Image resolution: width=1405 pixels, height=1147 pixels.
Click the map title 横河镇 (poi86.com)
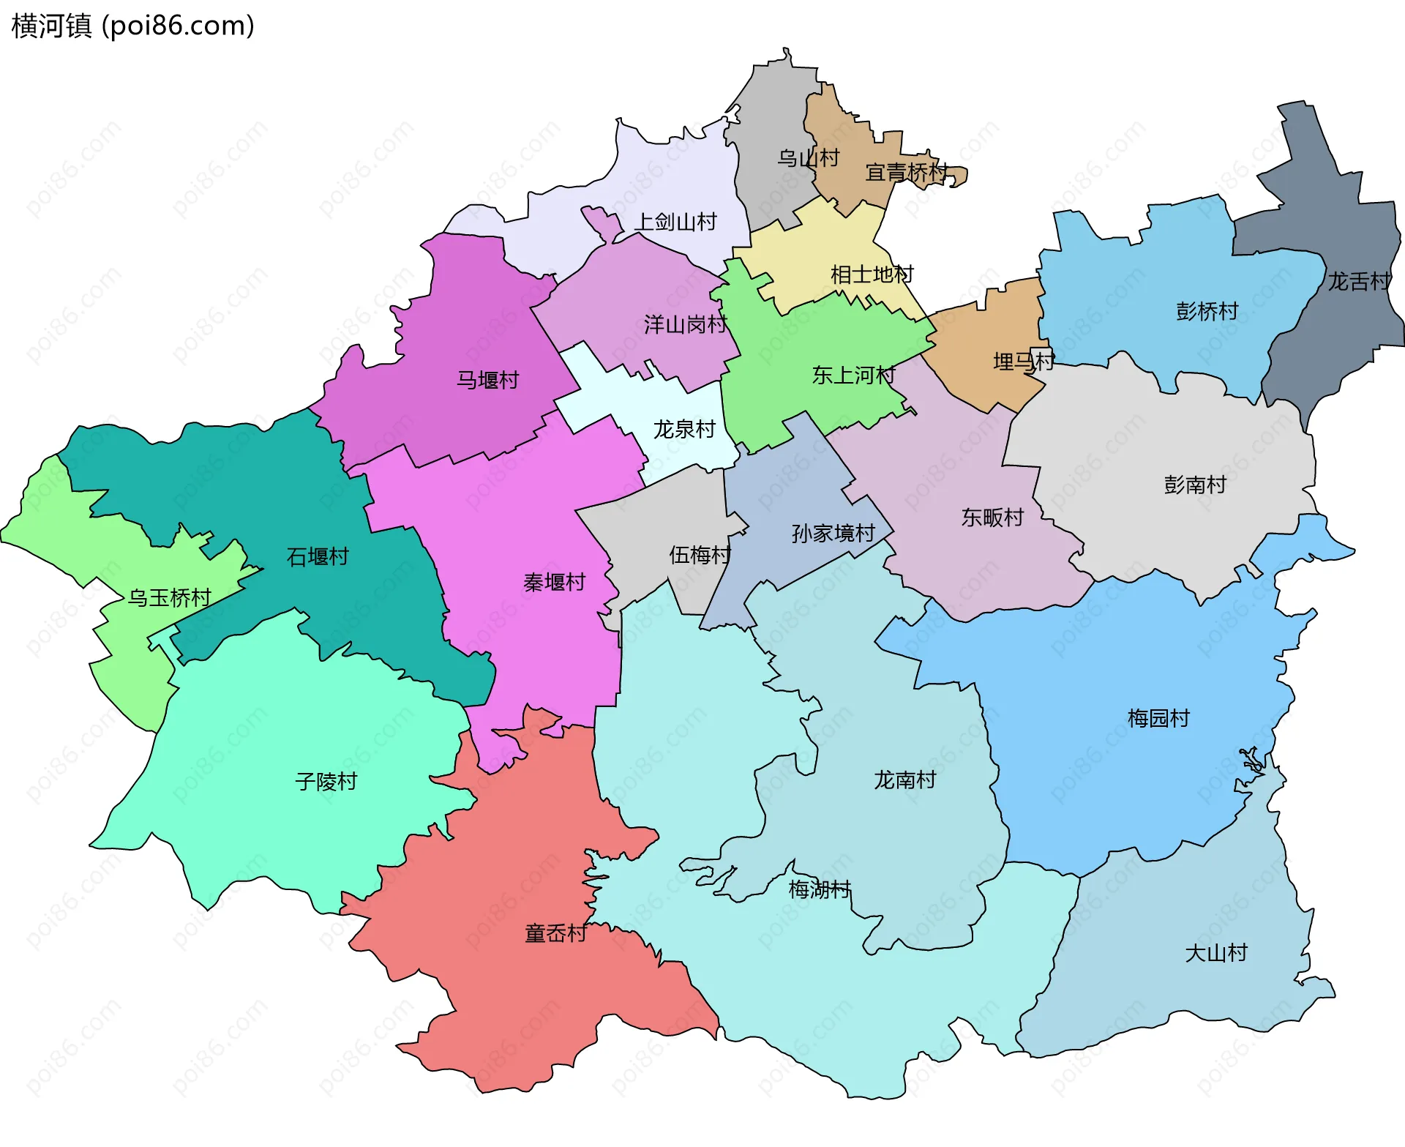pos(132,26)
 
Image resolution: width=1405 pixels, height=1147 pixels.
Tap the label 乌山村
pos(808,158)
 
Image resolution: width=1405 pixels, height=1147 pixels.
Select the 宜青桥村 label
pos(907,173)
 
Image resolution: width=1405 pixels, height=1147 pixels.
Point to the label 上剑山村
pos(676,222)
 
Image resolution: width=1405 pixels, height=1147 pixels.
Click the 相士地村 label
pos(872,274)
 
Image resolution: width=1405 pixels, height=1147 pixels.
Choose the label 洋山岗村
pos(686,324)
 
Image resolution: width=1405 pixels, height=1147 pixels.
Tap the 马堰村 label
pos(487,380)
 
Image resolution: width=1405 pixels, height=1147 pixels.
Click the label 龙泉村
pos(684,429)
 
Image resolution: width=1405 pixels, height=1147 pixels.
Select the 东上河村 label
pos(854,376)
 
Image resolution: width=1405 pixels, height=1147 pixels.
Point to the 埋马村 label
pos(1024,362)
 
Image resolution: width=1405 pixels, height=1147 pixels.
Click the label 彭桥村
pos(1207,311)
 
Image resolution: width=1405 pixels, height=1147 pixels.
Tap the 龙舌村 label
pos(1360,281)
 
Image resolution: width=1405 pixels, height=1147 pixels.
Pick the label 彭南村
pos(1195,485)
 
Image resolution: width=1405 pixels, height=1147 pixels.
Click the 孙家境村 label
pos(833,533)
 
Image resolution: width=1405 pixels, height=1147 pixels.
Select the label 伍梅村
pos(700,555)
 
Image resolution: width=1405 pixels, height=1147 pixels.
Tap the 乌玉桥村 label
pos(170,598)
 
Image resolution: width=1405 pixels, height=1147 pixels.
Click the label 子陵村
pos(326,782)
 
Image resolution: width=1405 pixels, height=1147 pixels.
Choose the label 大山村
pos(1216,953)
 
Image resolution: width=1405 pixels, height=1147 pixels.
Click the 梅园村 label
pos(1158,718)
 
